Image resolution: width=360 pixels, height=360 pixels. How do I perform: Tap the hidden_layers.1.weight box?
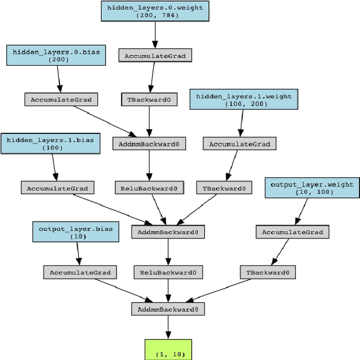(x=244, y=100)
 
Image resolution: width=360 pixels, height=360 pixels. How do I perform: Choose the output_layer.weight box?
(x=312, y=188)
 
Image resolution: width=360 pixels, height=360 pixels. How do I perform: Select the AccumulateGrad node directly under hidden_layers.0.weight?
(x=155, y=55)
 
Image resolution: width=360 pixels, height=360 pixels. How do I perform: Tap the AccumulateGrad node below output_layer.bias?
(x=80, y=272)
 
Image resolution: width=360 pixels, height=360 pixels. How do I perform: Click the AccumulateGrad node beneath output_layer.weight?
(x=292, y=232)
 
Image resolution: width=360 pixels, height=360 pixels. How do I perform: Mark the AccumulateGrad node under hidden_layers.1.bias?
(x=57, y=188)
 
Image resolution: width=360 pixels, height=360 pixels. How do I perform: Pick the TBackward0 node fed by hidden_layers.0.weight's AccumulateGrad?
(x=149, y=100)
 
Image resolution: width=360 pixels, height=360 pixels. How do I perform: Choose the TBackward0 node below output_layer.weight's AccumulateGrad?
(x=268, y=272)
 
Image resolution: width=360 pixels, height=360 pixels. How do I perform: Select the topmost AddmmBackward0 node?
(x=149, y=143)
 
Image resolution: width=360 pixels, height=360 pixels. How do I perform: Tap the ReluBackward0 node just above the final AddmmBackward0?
(x=167, y=272)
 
